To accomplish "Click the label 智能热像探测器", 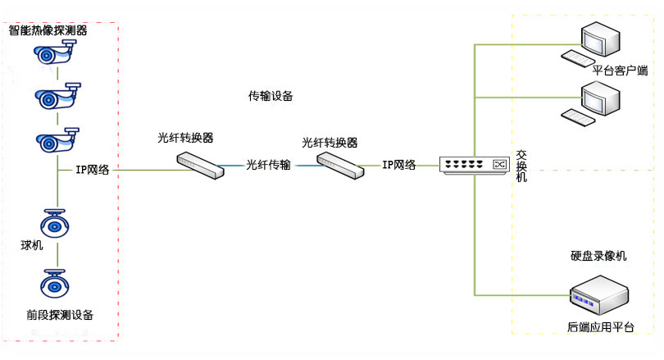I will coord(48,30).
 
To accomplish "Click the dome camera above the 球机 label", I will coord(56,223).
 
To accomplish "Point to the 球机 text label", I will coord(32,245).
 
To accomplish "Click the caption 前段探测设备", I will coord(60,315).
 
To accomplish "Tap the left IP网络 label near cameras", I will coord(93,170).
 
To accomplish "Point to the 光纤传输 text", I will coord(268,165).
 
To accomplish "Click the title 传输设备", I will coord(271,96).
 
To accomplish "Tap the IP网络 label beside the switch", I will coord(398,165).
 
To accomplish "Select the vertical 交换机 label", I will coord(522,166).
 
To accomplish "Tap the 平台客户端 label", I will coord(620,71).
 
